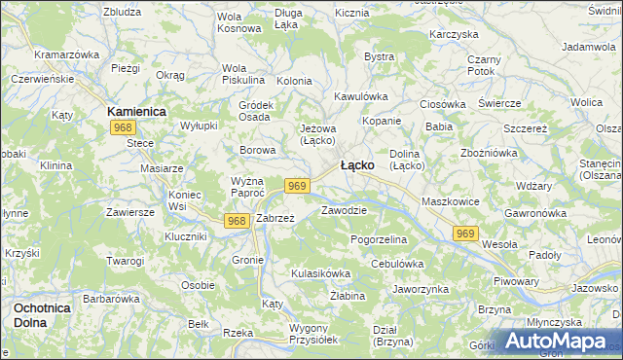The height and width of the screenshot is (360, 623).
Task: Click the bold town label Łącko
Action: (x=357, y=165)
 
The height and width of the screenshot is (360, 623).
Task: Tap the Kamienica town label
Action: (x=137, y=112)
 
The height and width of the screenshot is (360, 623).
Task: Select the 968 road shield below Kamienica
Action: (x=122, y=128)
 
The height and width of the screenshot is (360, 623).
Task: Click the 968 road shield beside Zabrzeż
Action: (x=236, y=221)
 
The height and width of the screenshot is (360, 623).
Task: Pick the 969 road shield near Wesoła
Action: (x=465, y=234)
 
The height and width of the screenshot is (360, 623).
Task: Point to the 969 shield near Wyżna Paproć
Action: (x=298, y=186)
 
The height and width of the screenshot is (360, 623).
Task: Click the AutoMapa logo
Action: (x=559, y=342)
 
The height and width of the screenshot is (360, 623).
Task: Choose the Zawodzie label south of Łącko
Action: (x=344, y=210)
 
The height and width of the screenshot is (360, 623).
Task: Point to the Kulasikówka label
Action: (x=320, y=273)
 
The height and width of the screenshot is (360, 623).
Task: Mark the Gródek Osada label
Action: (x=255, y=111)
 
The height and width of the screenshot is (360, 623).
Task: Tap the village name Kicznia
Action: (x=351, y=14)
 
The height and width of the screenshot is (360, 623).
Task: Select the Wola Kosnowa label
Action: (x=239, y=22)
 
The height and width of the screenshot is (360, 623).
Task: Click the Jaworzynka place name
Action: (x=420, y=289)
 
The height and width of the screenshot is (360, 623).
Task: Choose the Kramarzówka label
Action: (x=67, y=54)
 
